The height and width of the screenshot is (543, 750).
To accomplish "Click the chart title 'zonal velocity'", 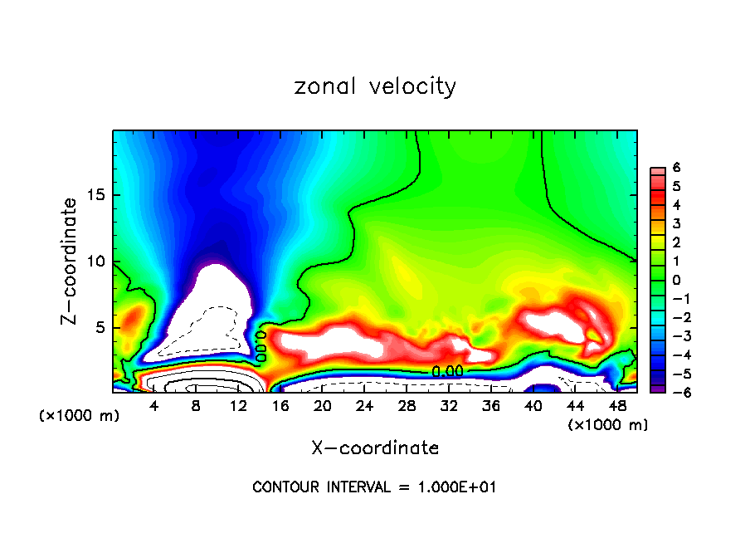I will tap(375, 86).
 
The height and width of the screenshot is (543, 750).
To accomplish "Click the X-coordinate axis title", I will tap(375, 448).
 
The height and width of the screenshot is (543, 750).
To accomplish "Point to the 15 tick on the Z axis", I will tap(100, 196).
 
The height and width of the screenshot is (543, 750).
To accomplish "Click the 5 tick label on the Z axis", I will tap(104, 327).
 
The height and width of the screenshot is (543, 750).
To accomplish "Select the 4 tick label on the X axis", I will tap(154, 406).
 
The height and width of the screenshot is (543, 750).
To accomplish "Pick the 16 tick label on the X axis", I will tap(280, 406).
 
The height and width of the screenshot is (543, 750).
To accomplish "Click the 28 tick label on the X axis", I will tap(407, 406).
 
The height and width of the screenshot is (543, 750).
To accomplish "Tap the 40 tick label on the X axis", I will tap(533, 406).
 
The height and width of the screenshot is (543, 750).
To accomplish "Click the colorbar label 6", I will tap(676, 168).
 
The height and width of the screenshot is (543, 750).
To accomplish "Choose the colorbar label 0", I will tap(676, 280).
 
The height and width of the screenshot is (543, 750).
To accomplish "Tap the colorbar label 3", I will tap(676, 223).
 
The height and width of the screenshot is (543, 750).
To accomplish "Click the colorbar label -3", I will tap(674, 336).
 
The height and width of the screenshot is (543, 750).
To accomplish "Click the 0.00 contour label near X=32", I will tap(447, 371).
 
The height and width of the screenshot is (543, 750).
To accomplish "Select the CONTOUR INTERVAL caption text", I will tap(375, 487).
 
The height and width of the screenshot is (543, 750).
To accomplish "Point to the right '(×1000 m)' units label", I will tap(608, 424).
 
